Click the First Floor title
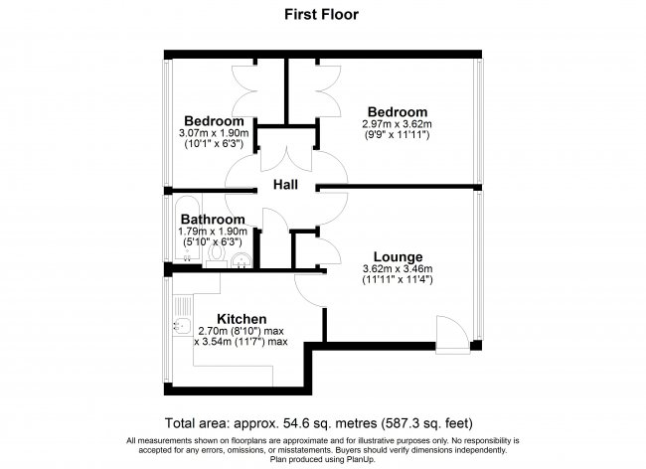coord(321,15)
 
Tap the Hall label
coord(285,185)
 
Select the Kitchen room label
coord(242,319)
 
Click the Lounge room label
coord(398,257)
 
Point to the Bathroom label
coord(213,219)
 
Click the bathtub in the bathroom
coord(188,229)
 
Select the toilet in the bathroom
coord(216,254)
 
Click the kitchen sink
coord(182,326)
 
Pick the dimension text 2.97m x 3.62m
coord(398,123)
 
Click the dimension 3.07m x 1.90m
coord(214,133)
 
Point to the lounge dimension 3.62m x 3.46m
coord(398,269)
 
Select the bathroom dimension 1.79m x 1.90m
coord(213,231)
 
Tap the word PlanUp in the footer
coord(362,459)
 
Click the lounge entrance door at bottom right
coord(452,335)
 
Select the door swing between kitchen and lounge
coord(310,290)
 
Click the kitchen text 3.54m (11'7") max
coord(241,342)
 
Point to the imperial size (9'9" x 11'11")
coord(398,135)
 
